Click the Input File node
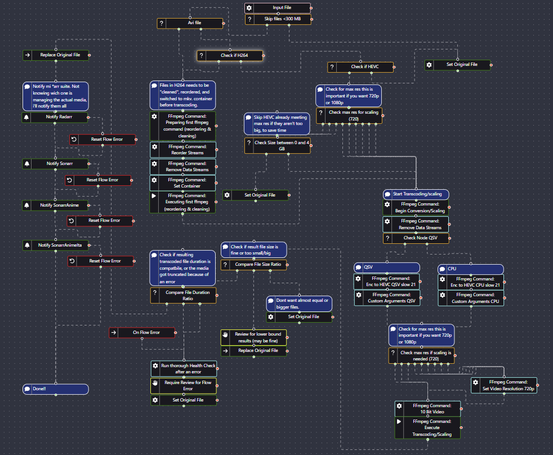coord(278,8)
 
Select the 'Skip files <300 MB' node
coord(278,19)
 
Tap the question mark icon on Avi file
coord(161,23)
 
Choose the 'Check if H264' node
coord(230,55)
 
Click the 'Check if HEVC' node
coord(360,66)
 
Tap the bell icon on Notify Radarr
coord(26,117)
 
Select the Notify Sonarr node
coord(55,164)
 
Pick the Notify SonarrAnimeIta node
coord(55,245)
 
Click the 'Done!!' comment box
coord(55,389)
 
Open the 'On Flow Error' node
coord(142,332)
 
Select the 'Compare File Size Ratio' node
coord(253,265)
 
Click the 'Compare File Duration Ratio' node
coord(184,296)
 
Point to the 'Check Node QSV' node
coord(416,238)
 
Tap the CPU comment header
coord(471,269)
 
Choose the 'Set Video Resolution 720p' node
coord(504,385)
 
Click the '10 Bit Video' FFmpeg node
coord(428,408)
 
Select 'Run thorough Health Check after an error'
coord(184,369)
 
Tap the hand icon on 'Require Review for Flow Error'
coord(155,383)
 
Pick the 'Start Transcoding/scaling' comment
coord(416,194)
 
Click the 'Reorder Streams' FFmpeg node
coord(183,150)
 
